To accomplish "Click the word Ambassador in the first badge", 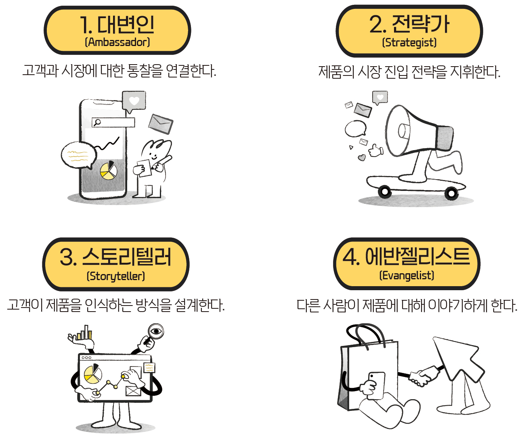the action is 117,42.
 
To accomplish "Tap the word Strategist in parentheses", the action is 409,42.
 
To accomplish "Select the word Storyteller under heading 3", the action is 116,276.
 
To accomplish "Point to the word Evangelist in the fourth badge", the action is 407,275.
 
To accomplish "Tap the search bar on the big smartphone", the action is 113,122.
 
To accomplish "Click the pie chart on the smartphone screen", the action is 108,170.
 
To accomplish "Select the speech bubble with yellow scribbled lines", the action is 78,155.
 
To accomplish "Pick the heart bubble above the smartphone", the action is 134,101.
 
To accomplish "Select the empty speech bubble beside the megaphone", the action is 356,129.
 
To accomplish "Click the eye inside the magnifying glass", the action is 156,331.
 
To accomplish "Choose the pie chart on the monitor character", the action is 93,374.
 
